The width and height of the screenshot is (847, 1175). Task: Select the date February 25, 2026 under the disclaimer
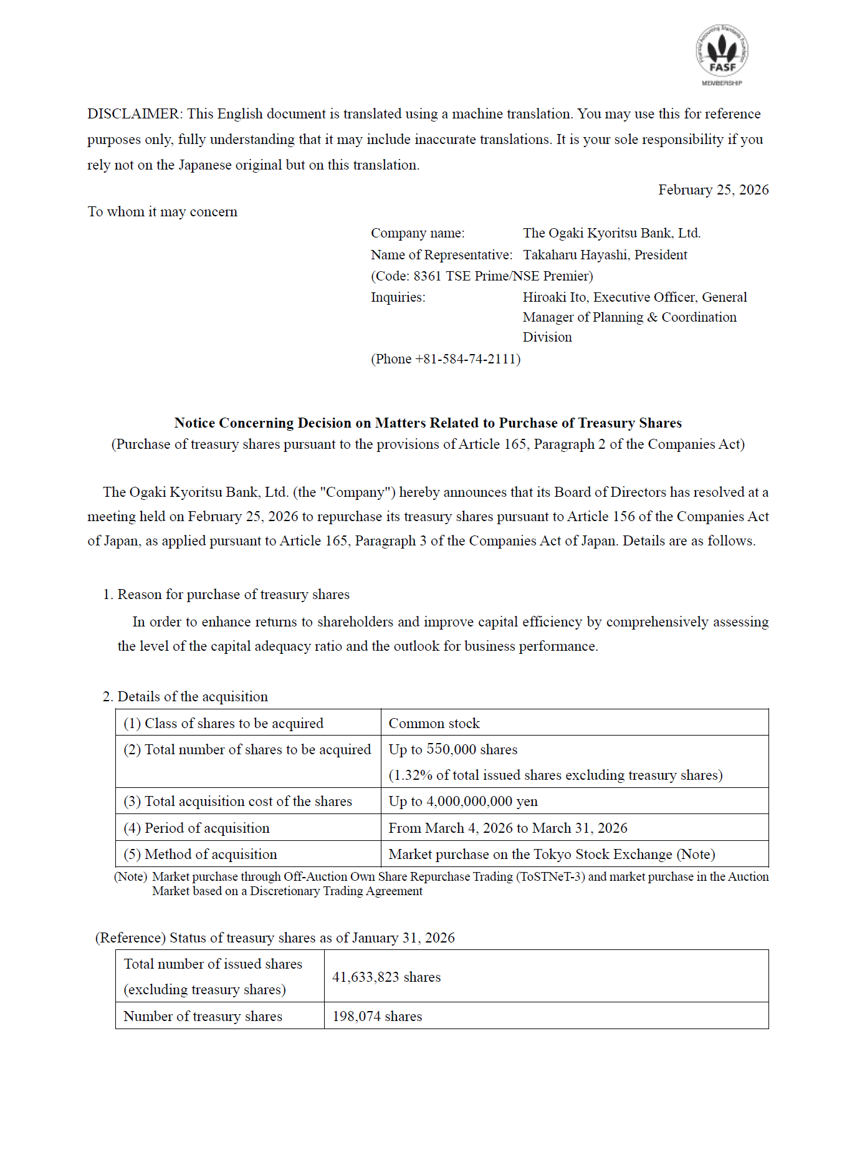pyautogui.click(x=713, y=190)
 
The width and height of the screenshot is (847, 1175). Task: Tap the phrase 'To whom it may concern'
pyautogui.click(x=163, y=212)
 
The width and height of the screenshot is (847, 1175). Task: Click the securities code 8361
pyautogui.click(x=427, y=276)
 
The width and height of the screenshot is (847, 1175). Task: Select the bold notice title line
pyautogui.click(x=428, y=423)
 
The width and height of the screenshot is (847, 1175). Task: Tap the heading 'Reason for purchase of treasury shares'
pyautogui.click(x=233, y=595)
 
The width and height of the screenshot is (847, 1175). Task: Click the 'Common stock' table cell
pyautogui.click(x=434, y=724)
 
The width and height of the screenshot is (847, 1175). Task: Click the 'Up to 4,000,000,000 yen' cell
pyautogui.click(x=463, y=802)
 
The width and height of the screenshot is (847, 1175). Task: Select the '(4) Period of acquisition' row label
pyautogui.click(x=197, y=828)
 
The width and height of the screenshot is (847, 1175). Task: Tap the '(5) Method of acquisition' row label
pyautogui.click(x=201, y=855)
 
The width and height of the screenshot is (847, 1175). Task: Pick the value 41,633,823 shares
pyautogui.click(x=386, y=977)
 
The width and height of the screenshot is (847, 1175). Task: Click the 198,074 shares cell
pyautogui.click(x=377, y=1017)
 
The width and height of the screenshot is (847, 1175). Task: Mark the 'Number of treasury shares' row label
pyautogui.click(x=203, y=1017)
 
